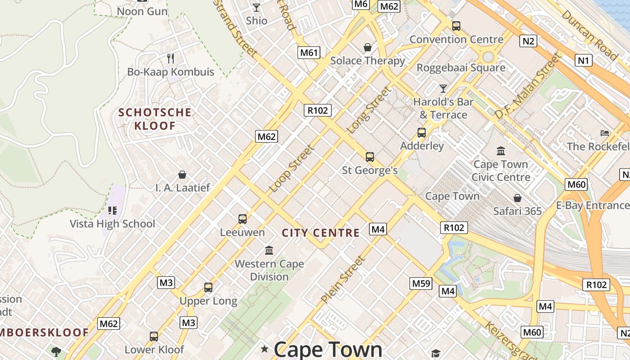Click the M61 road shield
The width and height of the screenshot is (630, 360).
(x=309, y=52)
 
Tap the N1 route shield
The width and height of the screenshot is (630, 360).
(x=584, y=60)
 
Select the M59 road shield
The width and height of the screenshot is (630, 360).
(x=421, y=283)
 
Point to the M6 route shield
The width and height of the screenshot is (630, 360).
(x=361, y=4)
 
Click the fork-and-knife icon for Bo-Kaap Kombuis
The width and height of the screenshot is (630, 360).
(x=171, y=58)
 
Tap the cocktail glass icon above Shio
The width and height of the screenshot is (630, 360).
(x=256, y=7)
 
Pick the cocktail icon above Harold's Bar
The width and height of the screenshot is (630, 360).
(x=443, y=88)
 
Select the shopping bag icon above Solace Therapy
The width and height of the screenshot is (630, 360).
(x=368, y=47)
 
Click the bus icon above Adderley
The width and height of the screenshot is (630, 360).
(x=422, y=133)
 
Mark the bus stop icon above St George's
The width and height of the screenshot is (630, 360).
(x=370, y=157)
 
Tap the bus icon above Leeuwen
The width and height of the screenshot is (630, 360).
(x=243, y=219)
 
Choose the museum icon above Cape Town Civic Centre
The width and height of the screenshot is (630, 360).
(x=501, y=151)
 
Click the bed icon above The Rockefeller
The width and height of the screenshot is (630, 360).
(x=605, y=133)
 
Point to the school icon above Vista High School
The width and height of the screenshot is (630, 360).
(x=112, y=210)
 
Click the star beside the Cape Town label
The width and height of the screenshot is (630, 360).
(x=265, y=348)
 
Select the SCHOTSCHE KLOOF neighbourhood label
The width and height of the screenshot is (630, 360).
(x=155, y=119)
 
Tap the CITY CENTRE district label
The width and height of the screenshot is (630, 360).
(x=320, y=233)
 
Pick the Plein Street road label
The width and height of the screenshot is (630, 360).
(x=343, y=279)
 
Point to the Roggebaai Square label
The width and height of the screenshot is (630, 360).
(x=461, y=67)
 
